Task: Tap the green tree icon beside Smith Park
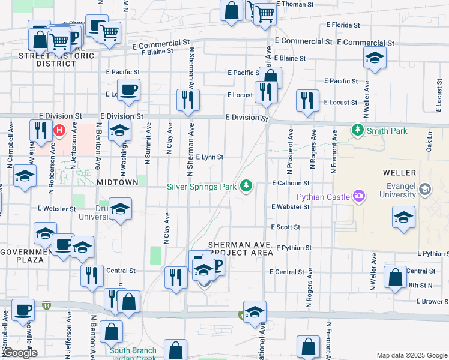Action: coord(358,130)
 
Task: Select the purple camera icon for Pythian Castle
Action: coord(359,195)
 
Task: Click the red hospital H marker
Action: coord(59,130)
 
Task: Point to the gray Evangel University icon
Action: coord(425,190)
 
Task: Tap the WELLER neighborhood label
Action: coord(399,173)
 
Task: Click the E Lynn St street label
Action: coord(209,157)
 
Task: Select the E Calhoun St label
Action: coord(290,183)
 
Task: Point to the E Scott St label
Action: coord(285,227)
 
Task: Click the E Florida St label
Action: coord(343,26)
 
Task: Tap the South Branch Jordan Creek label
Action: coord(133,354)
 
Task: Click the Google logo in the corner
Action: coord(19,353)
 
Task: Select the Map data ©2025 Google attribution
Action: coord(411,355)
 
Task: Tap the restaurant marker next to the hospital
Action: coord(41,131)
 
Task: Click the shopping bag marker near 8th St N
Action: coord(395,278)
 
